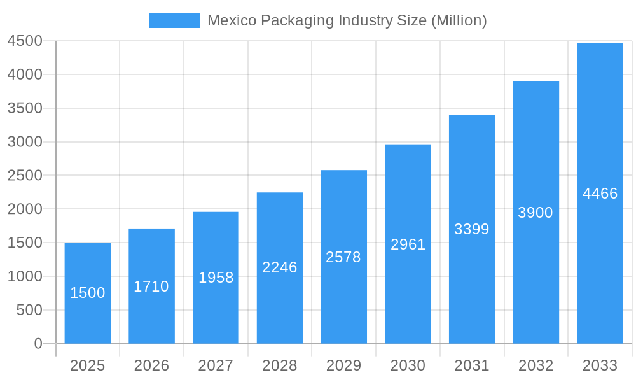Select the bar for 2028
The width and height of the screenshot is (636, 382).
(280, 299)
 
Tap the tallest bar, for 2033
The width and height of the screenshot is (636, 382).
(600, 255)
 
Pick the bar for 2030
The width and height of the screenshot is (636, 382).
(408, 286)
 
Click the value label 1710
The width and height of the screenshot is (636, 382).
(151, 286)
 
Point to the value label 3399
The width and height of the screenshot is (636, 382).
(472, 229)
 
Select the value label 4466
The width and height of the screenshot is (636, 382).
(600, 194)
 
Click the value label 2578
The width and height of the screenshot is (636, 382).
(343, 257)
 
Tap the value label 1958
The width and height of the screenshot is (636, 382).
(216, 278)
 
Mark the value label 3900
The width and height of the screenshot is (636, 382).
(536, 213)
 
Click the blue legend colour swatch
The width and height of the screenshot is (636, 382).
(174, 20)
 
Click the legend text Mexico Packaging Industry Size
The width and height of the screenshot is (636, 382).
(347, 20)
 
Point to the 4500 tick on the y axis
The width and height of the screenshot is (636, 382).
(25, 41)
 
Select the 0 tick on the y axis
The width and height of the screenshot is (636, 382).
(38, 344)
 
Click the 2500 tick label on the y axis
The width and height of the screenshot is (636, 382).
(25, 175)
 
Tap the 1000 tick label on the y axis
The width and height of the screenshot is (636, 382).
(25, 276)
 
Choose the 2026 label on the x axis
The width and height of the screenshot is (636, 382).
(151, 365)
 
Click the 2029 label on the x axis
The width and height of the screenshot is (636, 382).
(343, 365)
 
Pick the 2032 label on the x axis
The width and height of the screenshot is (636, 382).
(536, 365)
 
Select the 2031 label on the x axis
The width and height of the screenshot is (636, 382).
(472, 365)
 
